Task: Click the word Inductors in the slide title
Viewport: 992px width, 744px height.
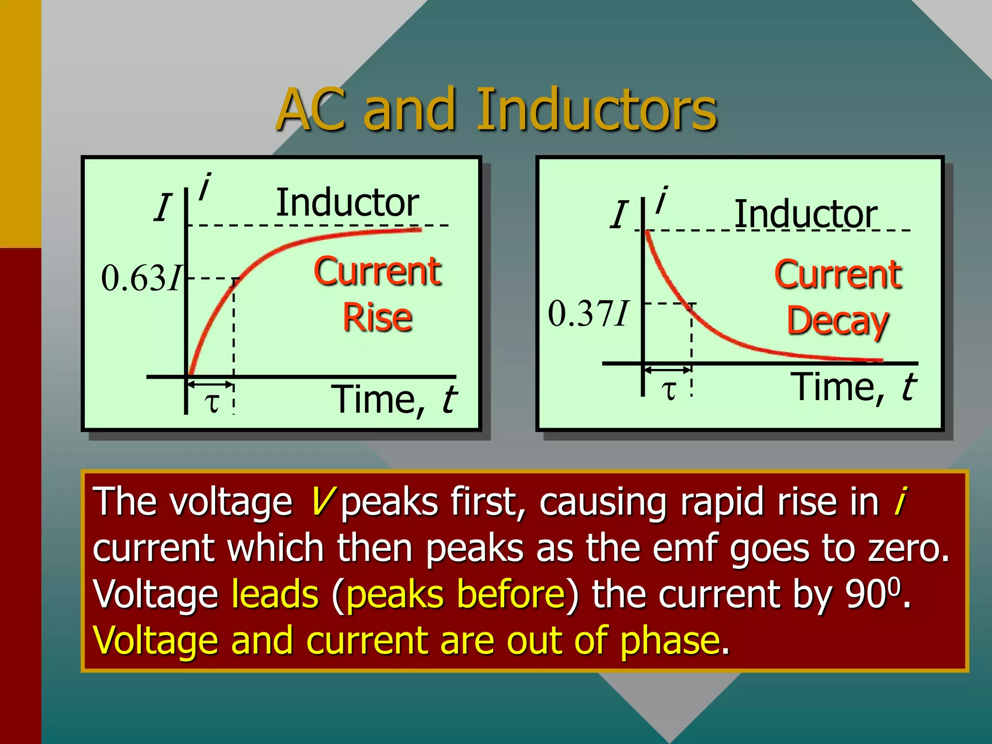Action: click(597, 110)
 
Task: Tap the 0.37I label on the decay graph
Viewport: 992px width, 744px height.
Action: click(588, 313)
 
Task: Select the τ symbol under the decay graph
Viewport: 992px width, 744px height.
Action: click(669, 390)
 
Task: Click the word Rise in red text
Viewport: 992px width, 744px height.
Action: click(377, 318)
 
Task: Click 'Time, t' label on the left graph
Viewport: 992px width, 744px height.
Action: click(393, 400)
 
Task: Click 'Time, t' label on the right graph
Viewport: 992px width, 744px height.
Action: click(853, 387)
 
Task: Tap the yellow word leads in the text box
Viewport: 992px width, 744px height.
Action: click(275, 594)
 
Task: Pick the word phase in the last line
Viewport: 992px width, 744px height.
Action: click(670, 640)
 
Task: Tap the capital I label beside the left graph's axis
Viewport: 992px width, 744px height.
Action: click(163, 208)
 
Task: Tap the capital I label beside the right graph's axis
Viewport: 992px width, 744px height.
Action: click(619, 215)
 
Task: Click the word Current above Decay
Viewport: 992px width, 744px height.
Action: click(837, 275)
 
